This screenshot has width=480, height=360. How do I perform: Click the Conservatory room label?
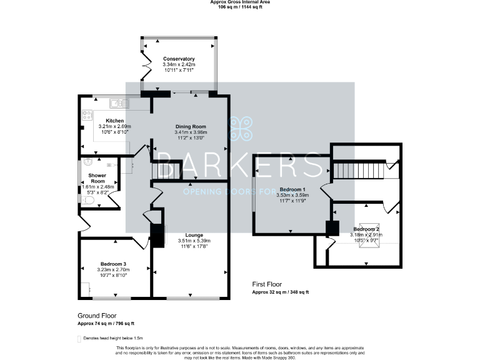pyautogui.click(x=179, y=59)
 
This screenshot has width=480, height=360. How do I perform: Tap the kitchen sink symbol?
pyautogui.click(x=119, y=103)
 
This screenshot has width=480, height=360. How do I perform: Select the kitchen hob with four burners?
pyautogui.click(x=87, y=115)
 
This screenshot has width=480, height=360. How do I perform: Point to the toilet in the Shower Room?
pyautogui.click(x=88, y=201)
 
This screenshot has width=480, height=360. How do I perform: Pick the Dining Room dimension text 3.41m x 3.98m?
pyautogui.click(x=190, y=132)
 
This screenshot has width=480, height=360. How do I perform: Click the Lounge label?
pyautogui.click(x=186, y=235)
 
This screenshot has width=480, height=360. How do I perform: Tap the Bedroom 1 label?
pyautogui.click(x=292, y=189)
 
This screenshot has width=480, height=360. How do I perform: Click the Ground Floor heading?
pyautogui.click(x=97, y=316)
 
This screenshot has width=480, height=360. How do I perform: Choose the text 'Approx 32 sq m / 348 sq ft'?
pyautogui.click(x=281, y=292)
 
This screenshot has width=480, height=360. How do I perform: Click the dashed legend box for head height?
pyautogui.click(x=79, y=338)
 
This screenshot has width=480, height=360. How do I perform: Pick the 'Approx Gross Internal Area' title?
pyautogui.click(x=240, y=2)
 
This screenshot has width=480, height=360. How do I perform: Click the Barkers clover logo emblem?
pyautogui.click(x=239, y=129)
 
